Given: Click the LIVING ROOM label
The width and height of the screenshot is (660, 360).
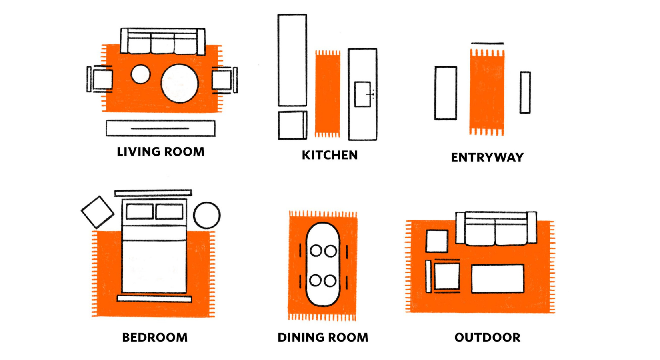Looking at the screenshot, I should click(160, 152).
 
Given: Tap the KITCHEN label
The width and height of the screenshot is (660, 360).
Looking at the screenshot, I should click(330, 155).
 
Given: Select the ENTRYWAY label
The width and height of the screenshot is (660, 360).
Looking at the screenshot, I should click(487, 158).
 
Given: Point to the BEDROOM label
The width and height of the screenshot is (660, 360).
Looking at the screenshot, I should click(155, 338).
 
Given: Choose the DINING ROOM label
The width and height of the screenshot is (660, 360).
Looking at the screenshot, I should click(323, 338).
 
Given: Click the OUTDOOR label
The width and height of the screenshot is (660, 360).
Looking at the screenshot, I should click(487, 338).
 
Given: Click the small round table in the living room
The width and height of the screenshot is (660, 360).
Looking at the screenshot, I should click(140, 74).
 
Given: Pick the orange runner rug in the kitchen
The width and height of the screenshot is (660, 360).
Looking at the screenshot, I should click(328, 94).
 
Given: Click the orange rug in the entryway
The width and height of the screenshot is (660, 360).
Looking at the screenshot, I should click(487, 92).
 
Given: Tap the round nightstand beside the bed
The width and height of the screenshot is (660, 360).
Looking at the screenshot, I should click(207, 215).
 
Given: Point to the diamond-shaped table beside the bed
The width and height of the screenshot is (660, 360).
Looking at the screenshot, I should click(98, 212).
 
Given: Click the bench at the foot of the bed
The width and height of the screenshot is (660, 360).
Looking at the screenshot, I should click(154, 298).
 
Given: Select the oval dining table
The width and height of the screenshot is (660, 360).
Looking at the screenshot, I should click(323, 264).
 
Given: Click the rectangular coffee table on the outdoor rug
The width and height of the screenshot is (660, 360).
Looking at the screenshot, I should click(498, 278).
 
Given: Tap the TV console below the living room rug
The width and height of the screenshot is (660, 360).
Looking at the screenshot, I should click(160, 128).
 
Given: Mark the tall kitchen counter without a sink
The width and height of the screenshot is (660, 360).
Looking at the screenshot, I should click(292, 60).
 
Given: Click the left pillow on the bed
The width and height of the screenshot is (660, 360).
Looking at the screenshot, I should click(140, 211).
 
